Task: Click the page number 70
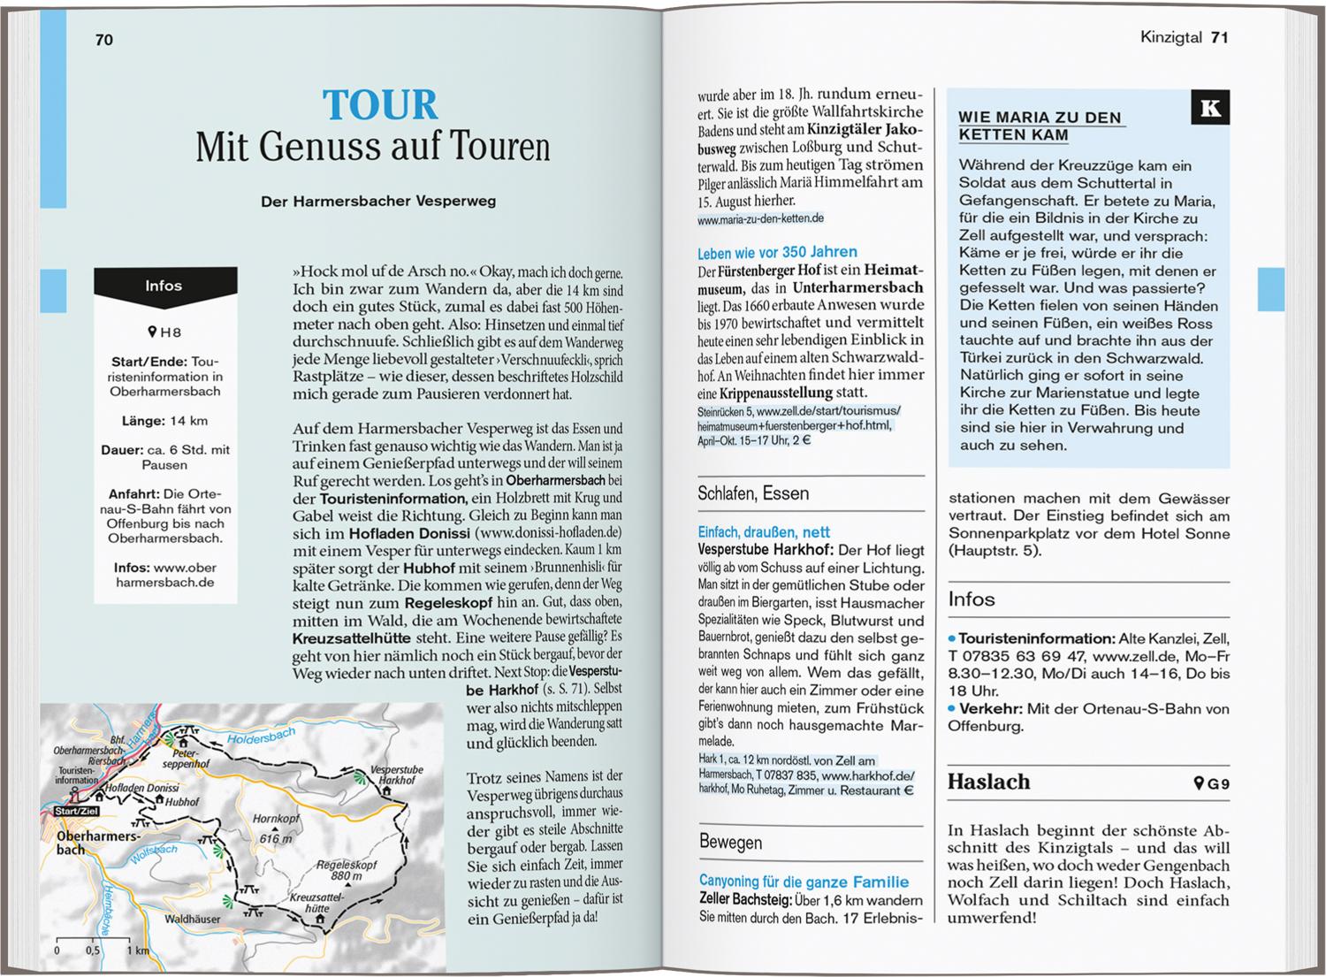(x=104, y=40)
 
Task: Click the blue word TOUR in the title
(x=380, y=105)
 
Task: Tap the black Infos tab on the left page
(x=164, y=286)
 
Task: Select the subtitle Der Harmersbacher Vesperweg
(x=378, y=201)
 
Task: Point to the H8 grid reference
(x=164, y=332)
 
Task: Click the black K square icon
(x=1210, y=109)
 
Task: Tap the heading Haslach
(x=988, y=782)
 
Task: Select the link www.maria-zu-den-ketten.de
(x=760, y=218)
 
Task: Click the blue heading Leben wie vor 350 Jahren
(x=777, y=252)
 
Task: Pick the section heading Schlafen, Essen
(x=753, y=493)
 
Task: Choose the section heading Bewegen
(x=730, y=842)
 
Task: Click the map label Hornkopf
(x=276, y=819)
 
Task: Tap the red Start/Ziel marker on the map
(x=77, y=811)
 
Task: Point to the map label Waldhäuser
(x=193, y=920)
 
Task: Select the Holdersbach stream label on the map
(x=261, y=736)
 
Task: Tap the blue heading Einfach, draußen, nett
(x=764, y=532)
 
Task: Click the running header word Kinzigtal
(x=1170, y=37)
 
